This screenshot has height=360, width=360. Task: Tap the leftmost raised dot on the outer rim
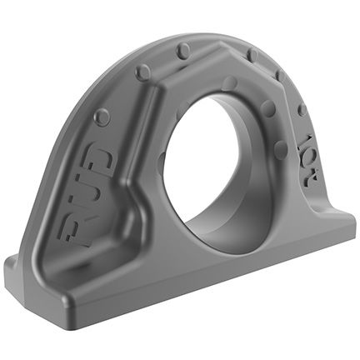tap(102, 117)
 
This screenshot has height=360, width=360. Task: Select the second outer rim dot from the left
tap(142, 72)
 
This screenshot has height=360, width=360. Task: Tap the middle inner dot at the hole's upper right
tap(269, 109)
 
